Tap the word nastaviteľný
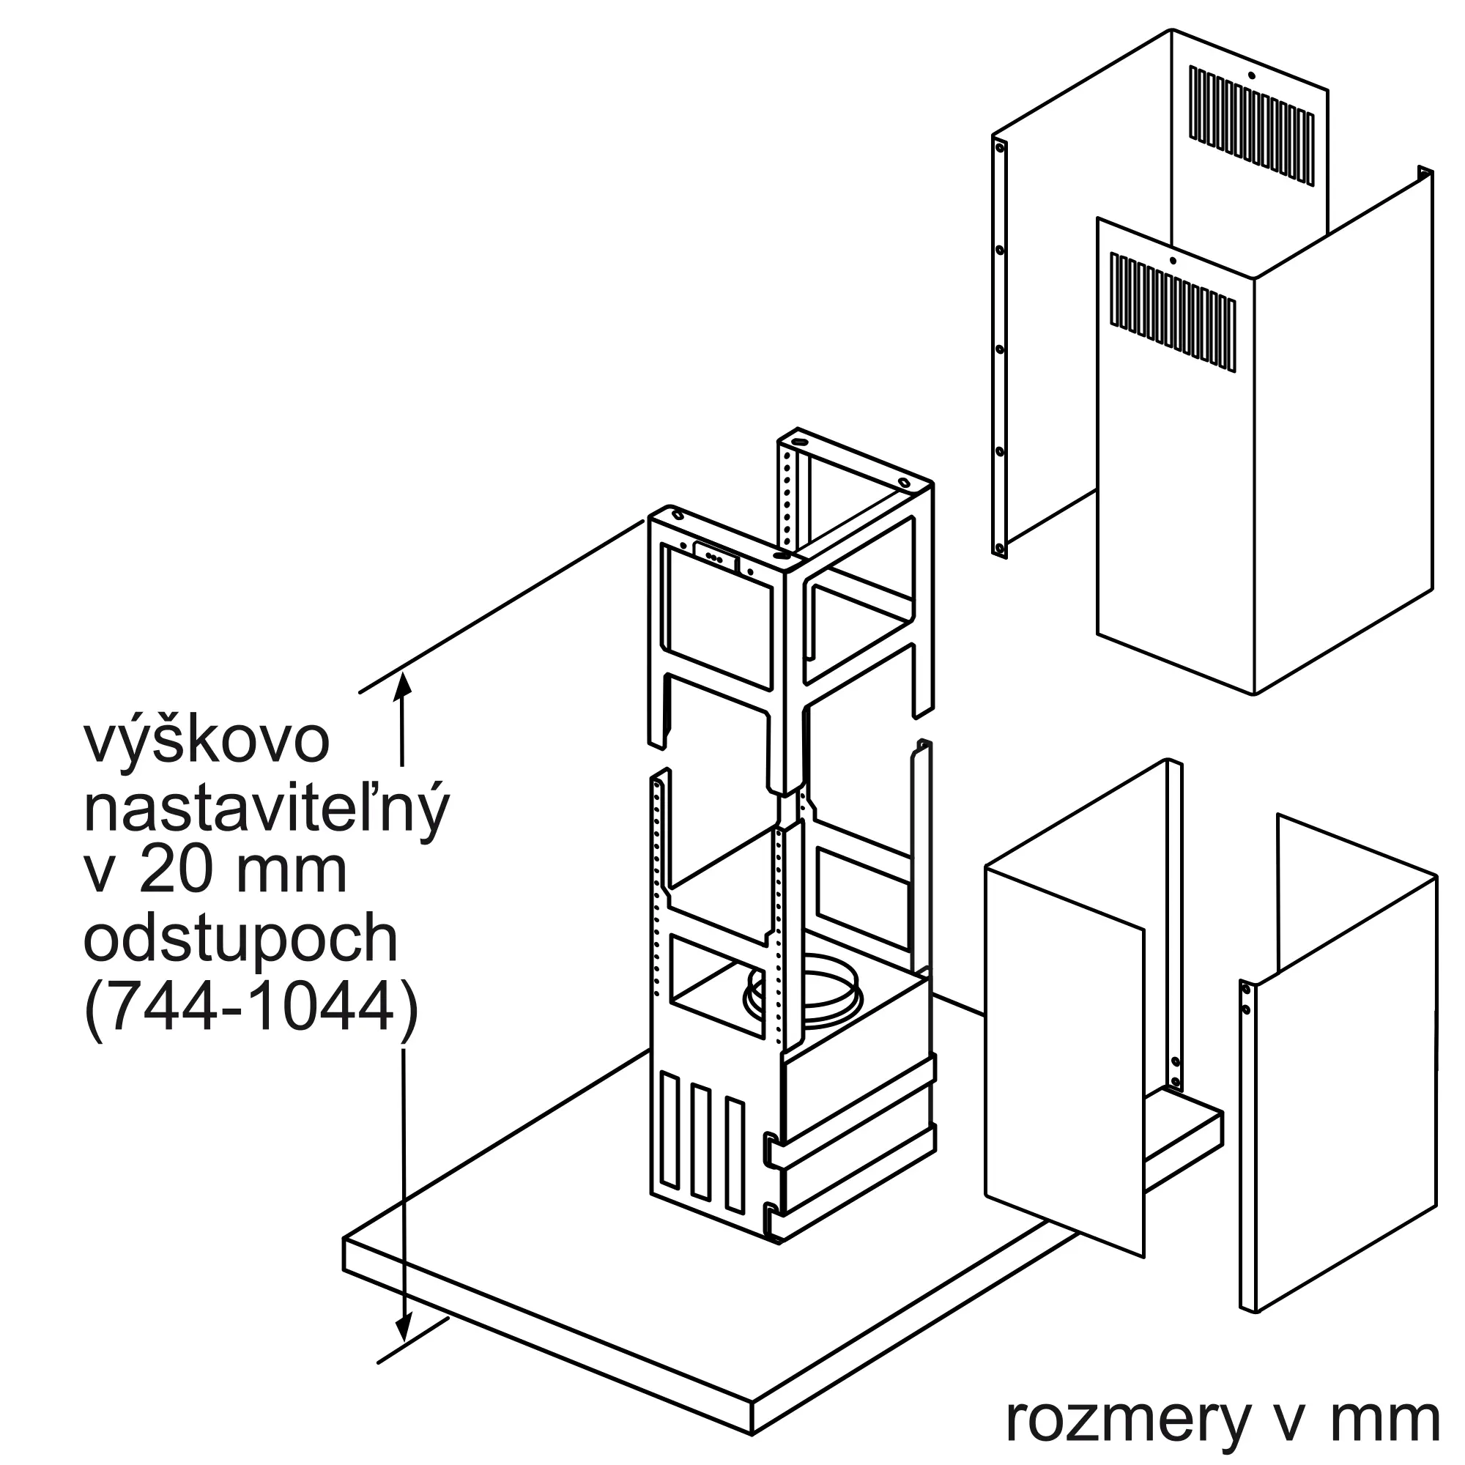[x=266, y=809]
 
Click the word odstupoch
[x=240, y=940]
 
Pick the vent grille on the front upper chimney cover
[x=1172, y=314]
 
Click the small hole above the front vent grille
[x=1172, y=261]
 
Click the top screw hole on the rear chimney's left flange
[x=999, y=147]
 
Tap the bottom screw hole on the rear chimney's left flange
[x=999, y=547]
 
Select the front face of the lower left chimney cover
[x=1063, y=1061]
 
